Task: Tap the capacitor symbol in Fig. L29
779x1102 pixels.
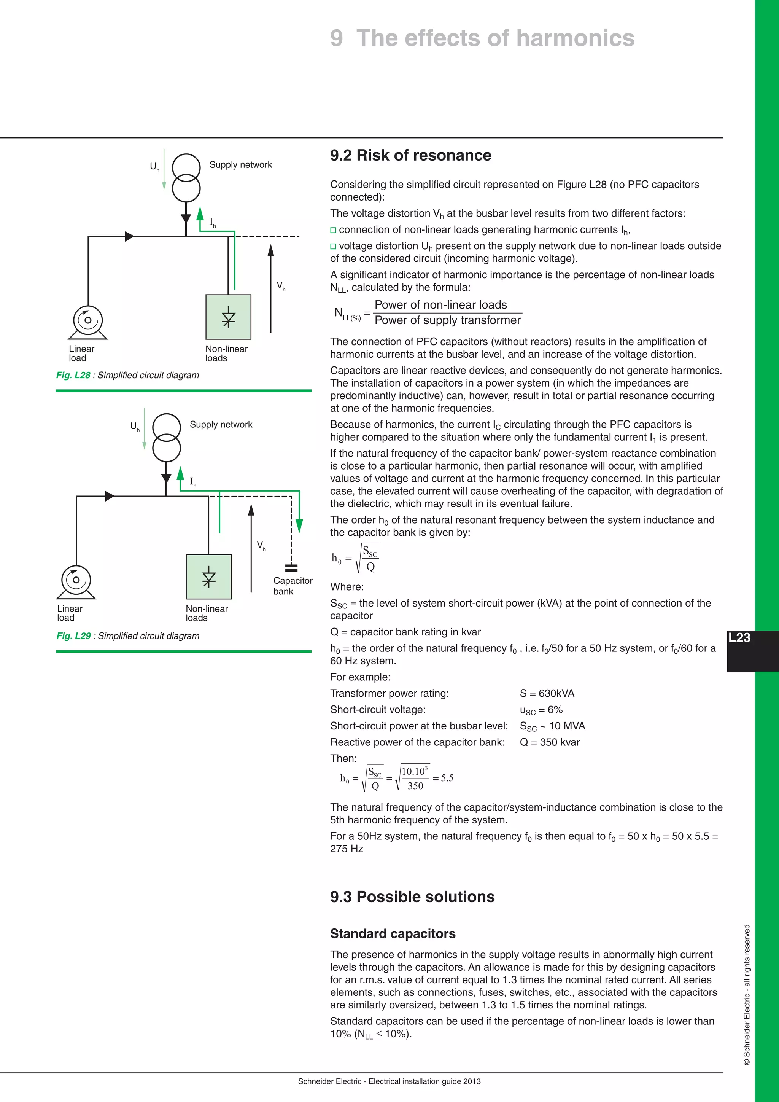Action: [x=291, y=568]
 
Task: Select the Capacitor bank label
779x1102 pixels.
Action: [x=293, y=586]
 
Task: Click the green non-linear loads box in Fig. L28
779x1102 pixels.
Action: [x=228, y=317]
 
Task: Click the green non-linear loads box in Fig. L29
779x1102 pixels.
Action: [x=209, y=576]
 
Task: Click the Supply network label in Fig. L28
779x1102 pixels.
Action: [x=240, y=165]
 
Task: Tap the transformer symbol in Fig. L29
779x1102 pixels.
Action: [x=167, y=437]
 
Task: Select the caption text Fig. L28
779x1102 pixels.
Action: [x=73, y=375]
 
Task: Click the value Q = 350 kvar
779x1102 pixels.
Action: [x=550, y=742]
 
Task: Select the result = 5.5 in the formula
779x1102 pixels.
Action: [x=443, y=778]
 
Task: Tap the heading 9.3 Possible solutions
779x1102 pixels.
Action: [x=412, y=897]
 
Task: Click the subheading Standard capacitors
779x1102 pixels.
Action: [x=393, y=933]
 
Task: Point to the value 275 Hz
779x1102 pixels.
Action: [x=347, y=849]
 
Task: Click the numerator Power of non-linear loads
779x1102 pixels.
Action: [x=440, y=305]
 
